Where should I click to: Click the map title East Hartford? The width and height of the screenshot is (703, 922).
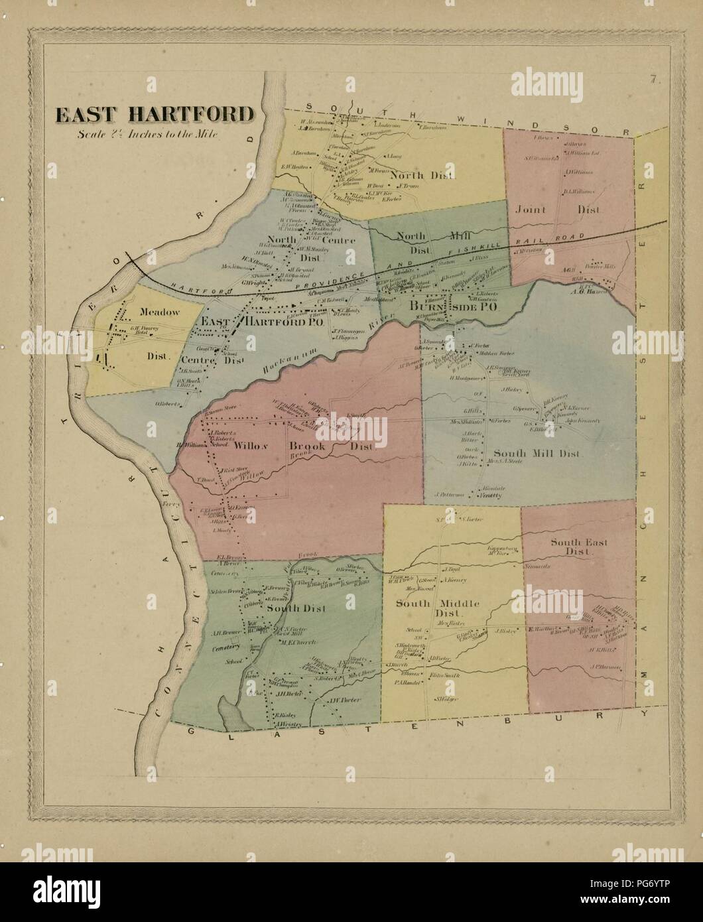(154, 115)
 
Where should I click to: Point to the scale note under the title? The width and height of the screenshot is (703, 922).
(147, 133)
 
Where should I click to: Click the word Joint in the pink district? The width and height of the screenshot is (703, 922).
(530, 210)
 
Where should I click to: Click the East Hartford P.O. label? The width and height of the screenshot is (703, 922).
(262, 322)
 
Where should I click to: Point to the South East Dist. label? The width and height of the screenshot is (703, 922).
(570, 546)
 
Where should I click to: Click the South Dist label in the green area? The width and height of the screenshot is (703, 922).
(296, 608)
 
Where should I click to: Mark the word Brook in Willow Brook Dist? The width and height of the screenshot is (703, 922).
(306, 447)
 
